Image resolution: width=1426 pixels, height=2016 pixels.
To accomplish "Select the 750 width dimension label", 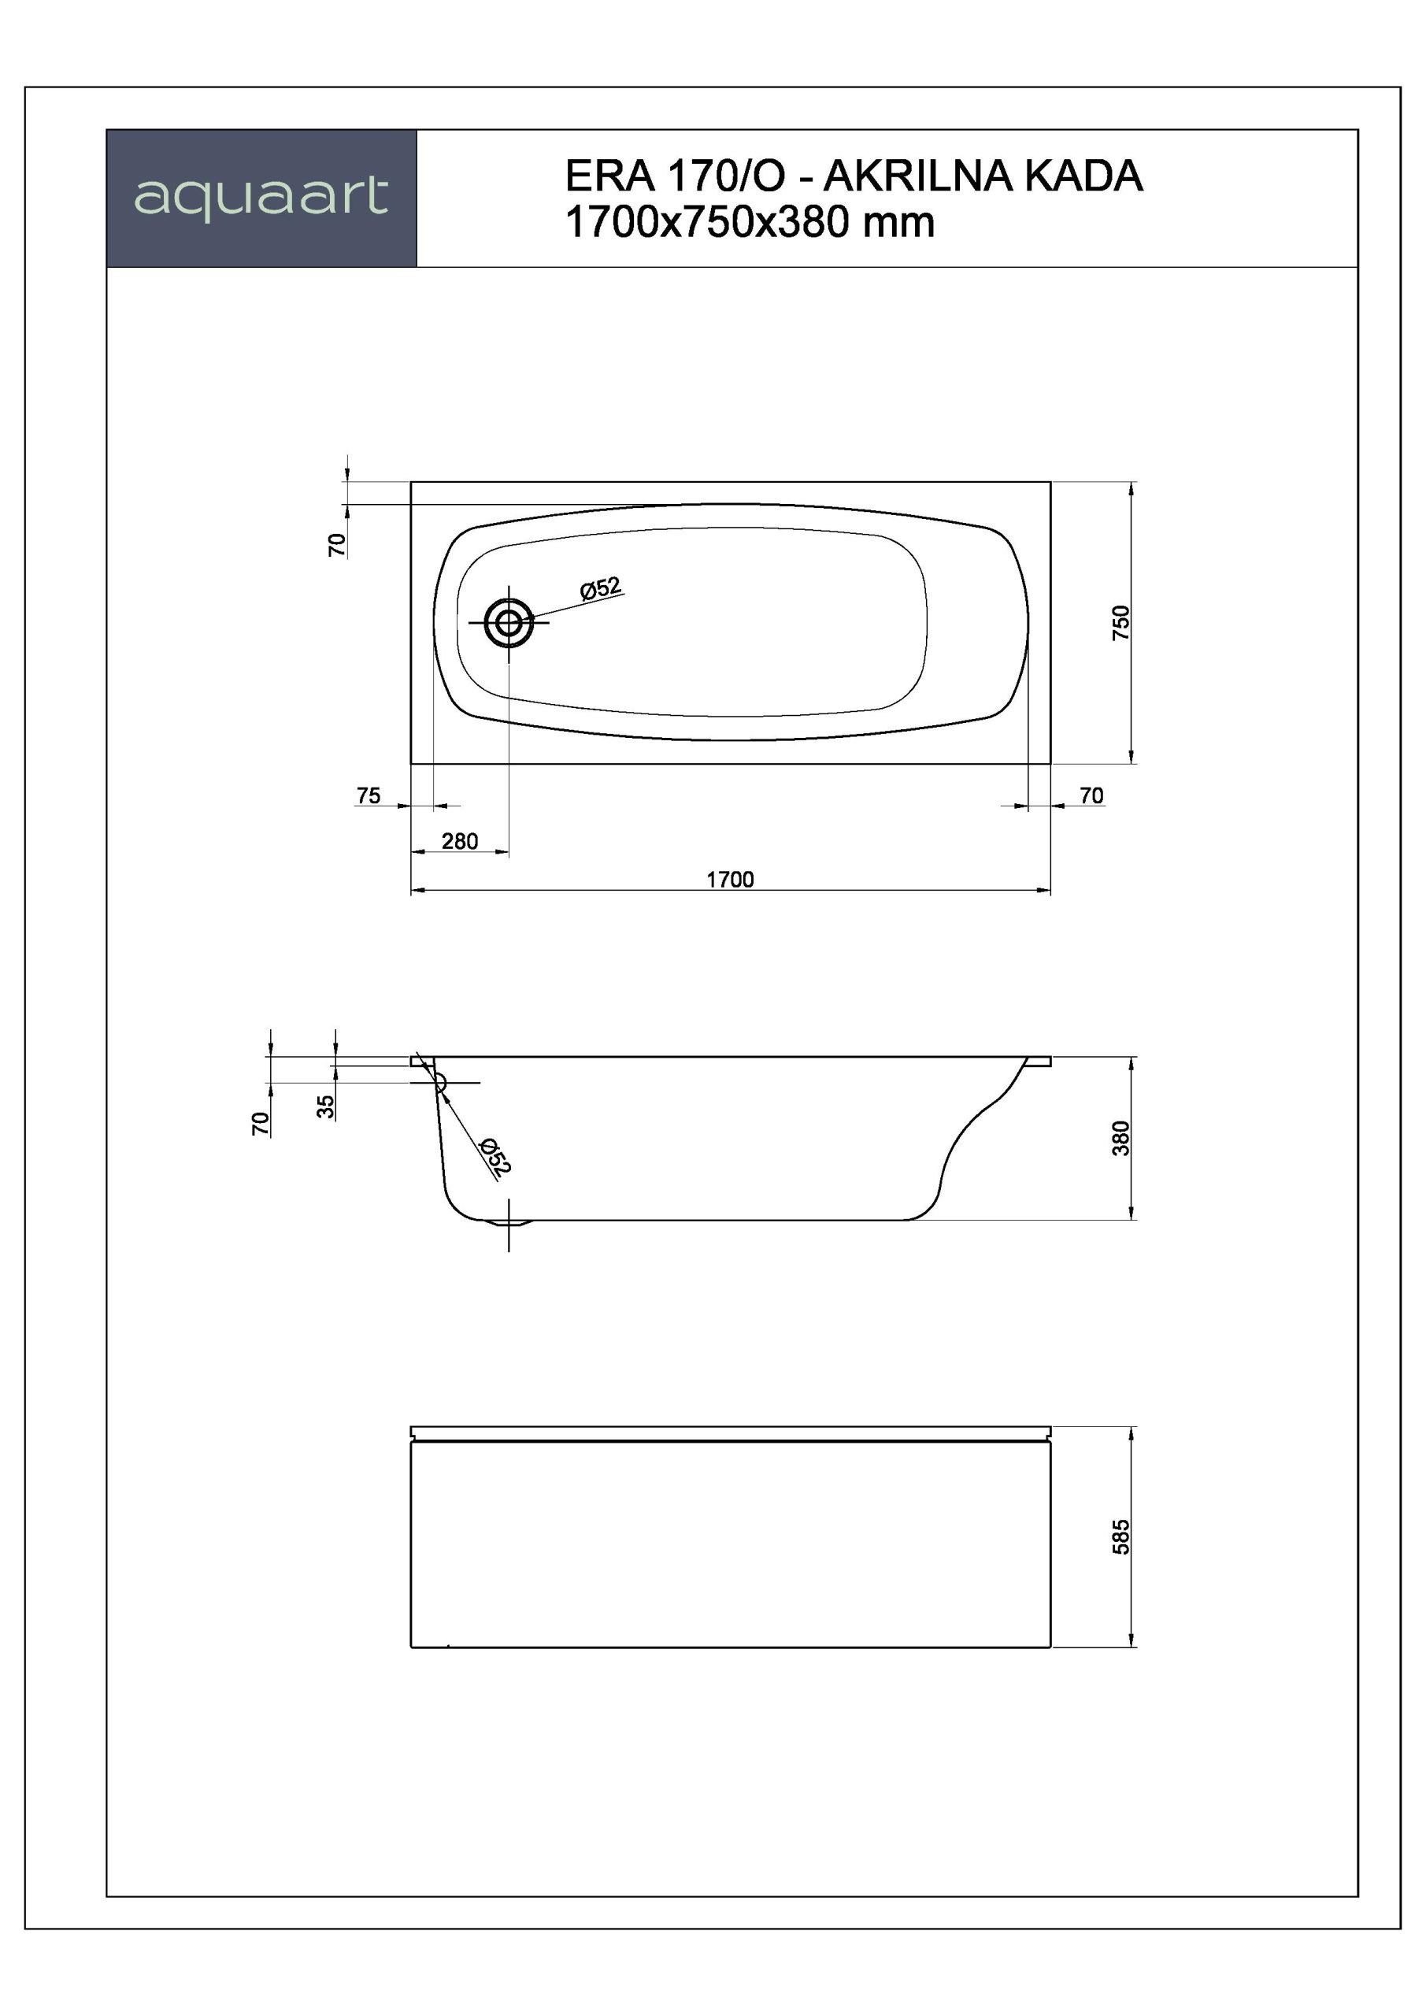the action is point(1121,623).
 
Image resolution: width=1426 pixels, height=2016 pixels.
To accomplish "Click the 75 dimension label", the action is point(369,795).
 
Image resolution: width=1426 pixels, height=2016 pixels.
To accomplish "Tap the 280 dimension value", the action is point(460,841).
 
